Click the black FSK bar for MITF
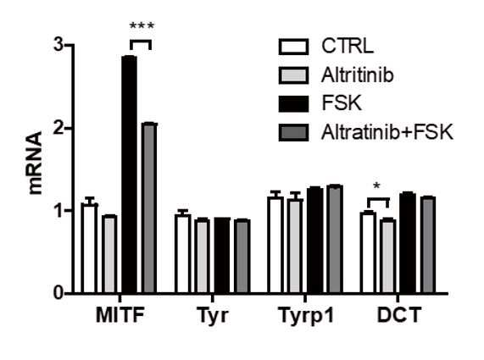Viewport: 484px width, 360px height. click(x=130, y=174)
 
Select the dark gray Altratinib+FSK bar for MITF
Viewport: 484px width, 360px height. click(x=149, y=208)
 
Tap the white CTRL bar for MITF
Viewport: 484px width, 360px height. click(x=89, y=249)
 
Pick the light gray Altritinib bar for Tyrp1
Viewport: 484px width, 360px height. click(x=295, y=246)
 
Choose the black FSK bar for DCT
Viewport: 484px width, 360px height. click(x=408, y=243)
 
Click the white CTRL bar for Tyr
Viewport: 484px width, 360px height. click(x=183, y=254)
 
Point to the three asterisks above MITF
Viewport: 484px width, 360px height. click(x=142, y=26)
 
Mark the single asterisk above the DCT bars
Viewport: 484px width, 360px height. click(x=376, y=186)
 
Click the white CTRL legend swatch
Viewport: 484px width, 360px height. click(x=293, y=47)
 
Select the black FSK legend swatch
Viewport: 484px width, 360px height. click(x=293, y=104)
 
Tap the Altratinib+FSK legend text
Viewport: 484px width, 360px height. click(x=387, y=132)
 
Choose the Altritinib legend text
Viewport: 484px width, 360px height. click(x=358, y=75)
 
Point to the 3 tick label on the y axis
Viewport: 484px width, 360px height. click(x=58, y=46)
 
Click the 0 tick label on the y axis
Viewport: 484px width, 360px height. click(x=58, y=292)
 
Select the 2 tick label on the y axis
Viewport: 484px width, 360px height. click(x=58, y=128)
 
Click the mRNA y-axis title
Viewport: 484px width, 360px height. click(x=35, y=163)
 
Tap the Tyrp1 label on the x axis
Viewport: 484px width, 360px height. click(x=306, y=316)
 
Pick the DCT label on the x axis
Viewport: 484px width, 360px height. click(x=399, y=315)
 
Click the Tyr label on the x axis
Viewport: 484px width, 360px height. click(x=213, y=316)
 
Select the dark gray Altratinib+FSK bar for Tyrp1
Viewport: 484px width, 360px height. click(x=335, y=239)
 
